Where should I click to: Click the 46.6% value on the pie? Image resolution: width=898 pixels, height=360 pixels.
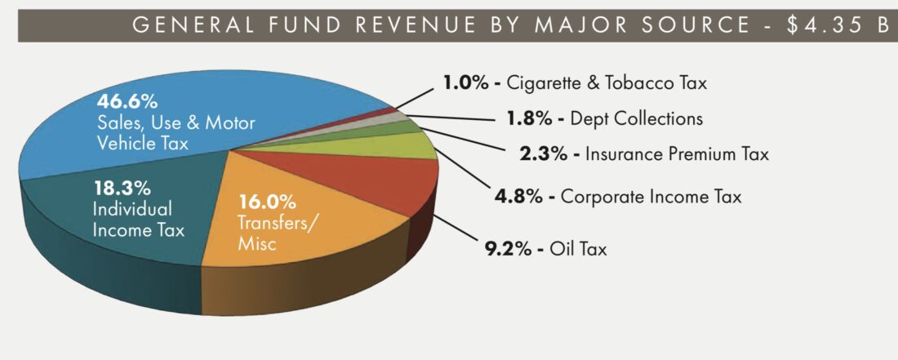(127, 102)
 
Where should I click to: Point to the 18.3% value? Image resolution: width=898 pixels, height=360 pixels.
(115, 187)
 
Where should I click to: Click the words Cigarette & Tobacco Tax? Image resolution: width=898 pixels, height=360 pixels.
(607, 82)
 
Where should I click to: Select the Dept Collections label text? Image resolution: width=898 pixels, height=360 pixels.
(637, 118)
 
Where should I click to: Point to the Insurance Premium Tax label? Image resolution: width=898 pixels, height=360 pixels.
(677, 153)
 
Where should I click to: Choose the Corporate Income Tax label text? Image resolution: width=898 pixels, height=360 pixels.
(651, 197)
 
